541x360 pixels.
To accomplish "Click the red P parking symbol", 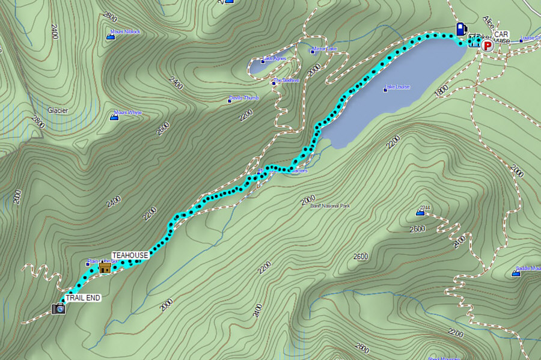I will (488, 45).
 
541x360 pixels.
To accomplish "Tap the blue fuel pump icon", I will (461, 28).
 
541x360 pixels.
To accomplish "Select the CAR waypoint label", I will (501, 34).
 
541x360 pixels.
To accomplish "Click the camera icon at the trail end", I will (58, 309).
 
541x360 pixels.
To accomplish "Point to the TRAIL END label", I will (83, 297).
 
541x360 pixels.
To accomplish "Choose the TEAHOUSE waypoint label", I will (130, 255).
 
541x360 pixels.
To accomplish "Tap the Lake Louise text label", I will (398, 87).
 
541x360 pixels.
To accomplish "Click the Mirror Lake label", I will (325, 49).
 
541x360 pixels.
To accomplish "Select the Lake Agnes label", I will (274, 58).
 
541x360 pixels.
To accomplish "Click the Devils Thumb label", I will (243, 99).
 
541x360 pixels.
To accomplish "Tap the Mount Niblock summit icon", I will (111, 37).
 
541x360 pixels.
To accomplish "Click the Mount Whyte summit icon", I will (113, 118).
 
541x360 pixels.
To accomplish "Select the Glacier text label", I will (58, 111).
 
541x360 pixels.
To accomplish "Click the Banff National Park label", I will (329, 206).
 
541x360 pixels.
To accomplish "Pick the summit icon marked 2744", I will (420, 212).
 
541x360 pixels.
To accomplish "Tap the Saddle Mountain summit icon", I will (516, 273).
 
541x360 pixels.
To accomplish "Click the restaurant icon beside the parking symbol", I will (474, 41).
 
